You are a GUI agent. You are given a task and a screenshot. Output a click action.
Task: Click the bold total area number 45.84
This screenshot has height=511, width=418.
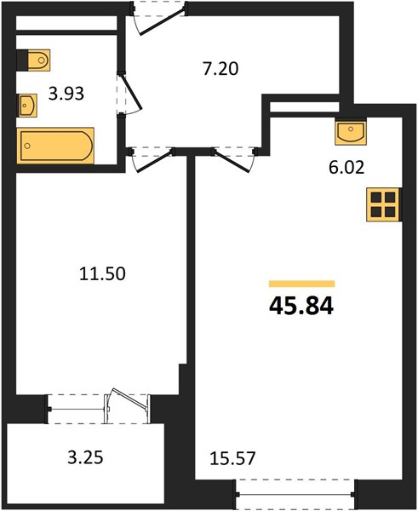pos(301,307)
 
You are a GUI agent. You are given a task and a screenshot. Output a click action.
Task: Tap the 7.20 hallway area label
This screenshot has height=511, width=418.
pos(220,69)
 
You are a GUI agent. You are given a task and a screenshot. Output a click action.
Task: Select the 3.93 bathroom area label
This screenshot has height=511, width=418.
pos(66,94)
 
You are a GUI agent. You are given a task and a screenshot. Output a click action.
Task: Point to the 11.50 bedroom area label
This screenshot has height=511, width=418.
pos(102,273)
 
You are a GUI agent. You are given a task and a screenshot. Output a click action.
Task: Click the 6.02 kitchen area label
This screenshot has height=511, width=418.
pos(346,168)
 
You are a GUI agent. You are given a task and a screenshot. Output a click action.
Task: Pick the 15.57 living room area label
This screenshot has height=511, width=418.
pos(232,458)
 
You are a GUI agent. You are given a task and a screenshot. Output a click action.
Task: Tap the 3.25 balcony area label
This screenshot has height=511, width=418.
pos(85,457)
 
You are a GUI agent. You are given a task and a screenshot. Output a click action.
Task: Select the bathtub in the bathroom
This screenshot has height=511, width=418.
pos(55,146)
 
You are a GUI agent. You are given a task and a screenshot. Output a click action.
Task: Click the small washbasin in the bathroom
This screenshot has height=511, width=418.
pos(27,106)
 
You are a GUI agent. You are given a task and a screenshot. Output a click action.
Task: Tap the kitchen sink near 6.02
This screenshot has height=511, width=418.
pos(351,132)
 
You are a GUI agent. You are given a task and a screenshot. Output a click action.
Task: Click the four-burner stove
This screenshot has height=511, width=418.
pos(383,204)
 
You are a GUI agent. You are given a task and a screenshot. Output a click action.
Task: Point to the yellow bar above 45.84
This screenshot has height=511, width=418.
pos(301,284)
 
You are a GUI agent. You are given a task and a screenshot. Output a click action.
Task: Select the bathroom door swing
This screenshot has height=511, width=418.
pos(130,93)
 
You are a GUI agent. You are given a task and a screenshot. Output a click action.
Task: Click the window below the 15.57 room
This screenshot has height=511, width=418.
pos(295,494)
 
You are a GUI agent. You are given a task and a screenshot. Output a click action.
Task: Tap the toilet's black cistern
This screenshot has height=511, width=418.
pos(22,60)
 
